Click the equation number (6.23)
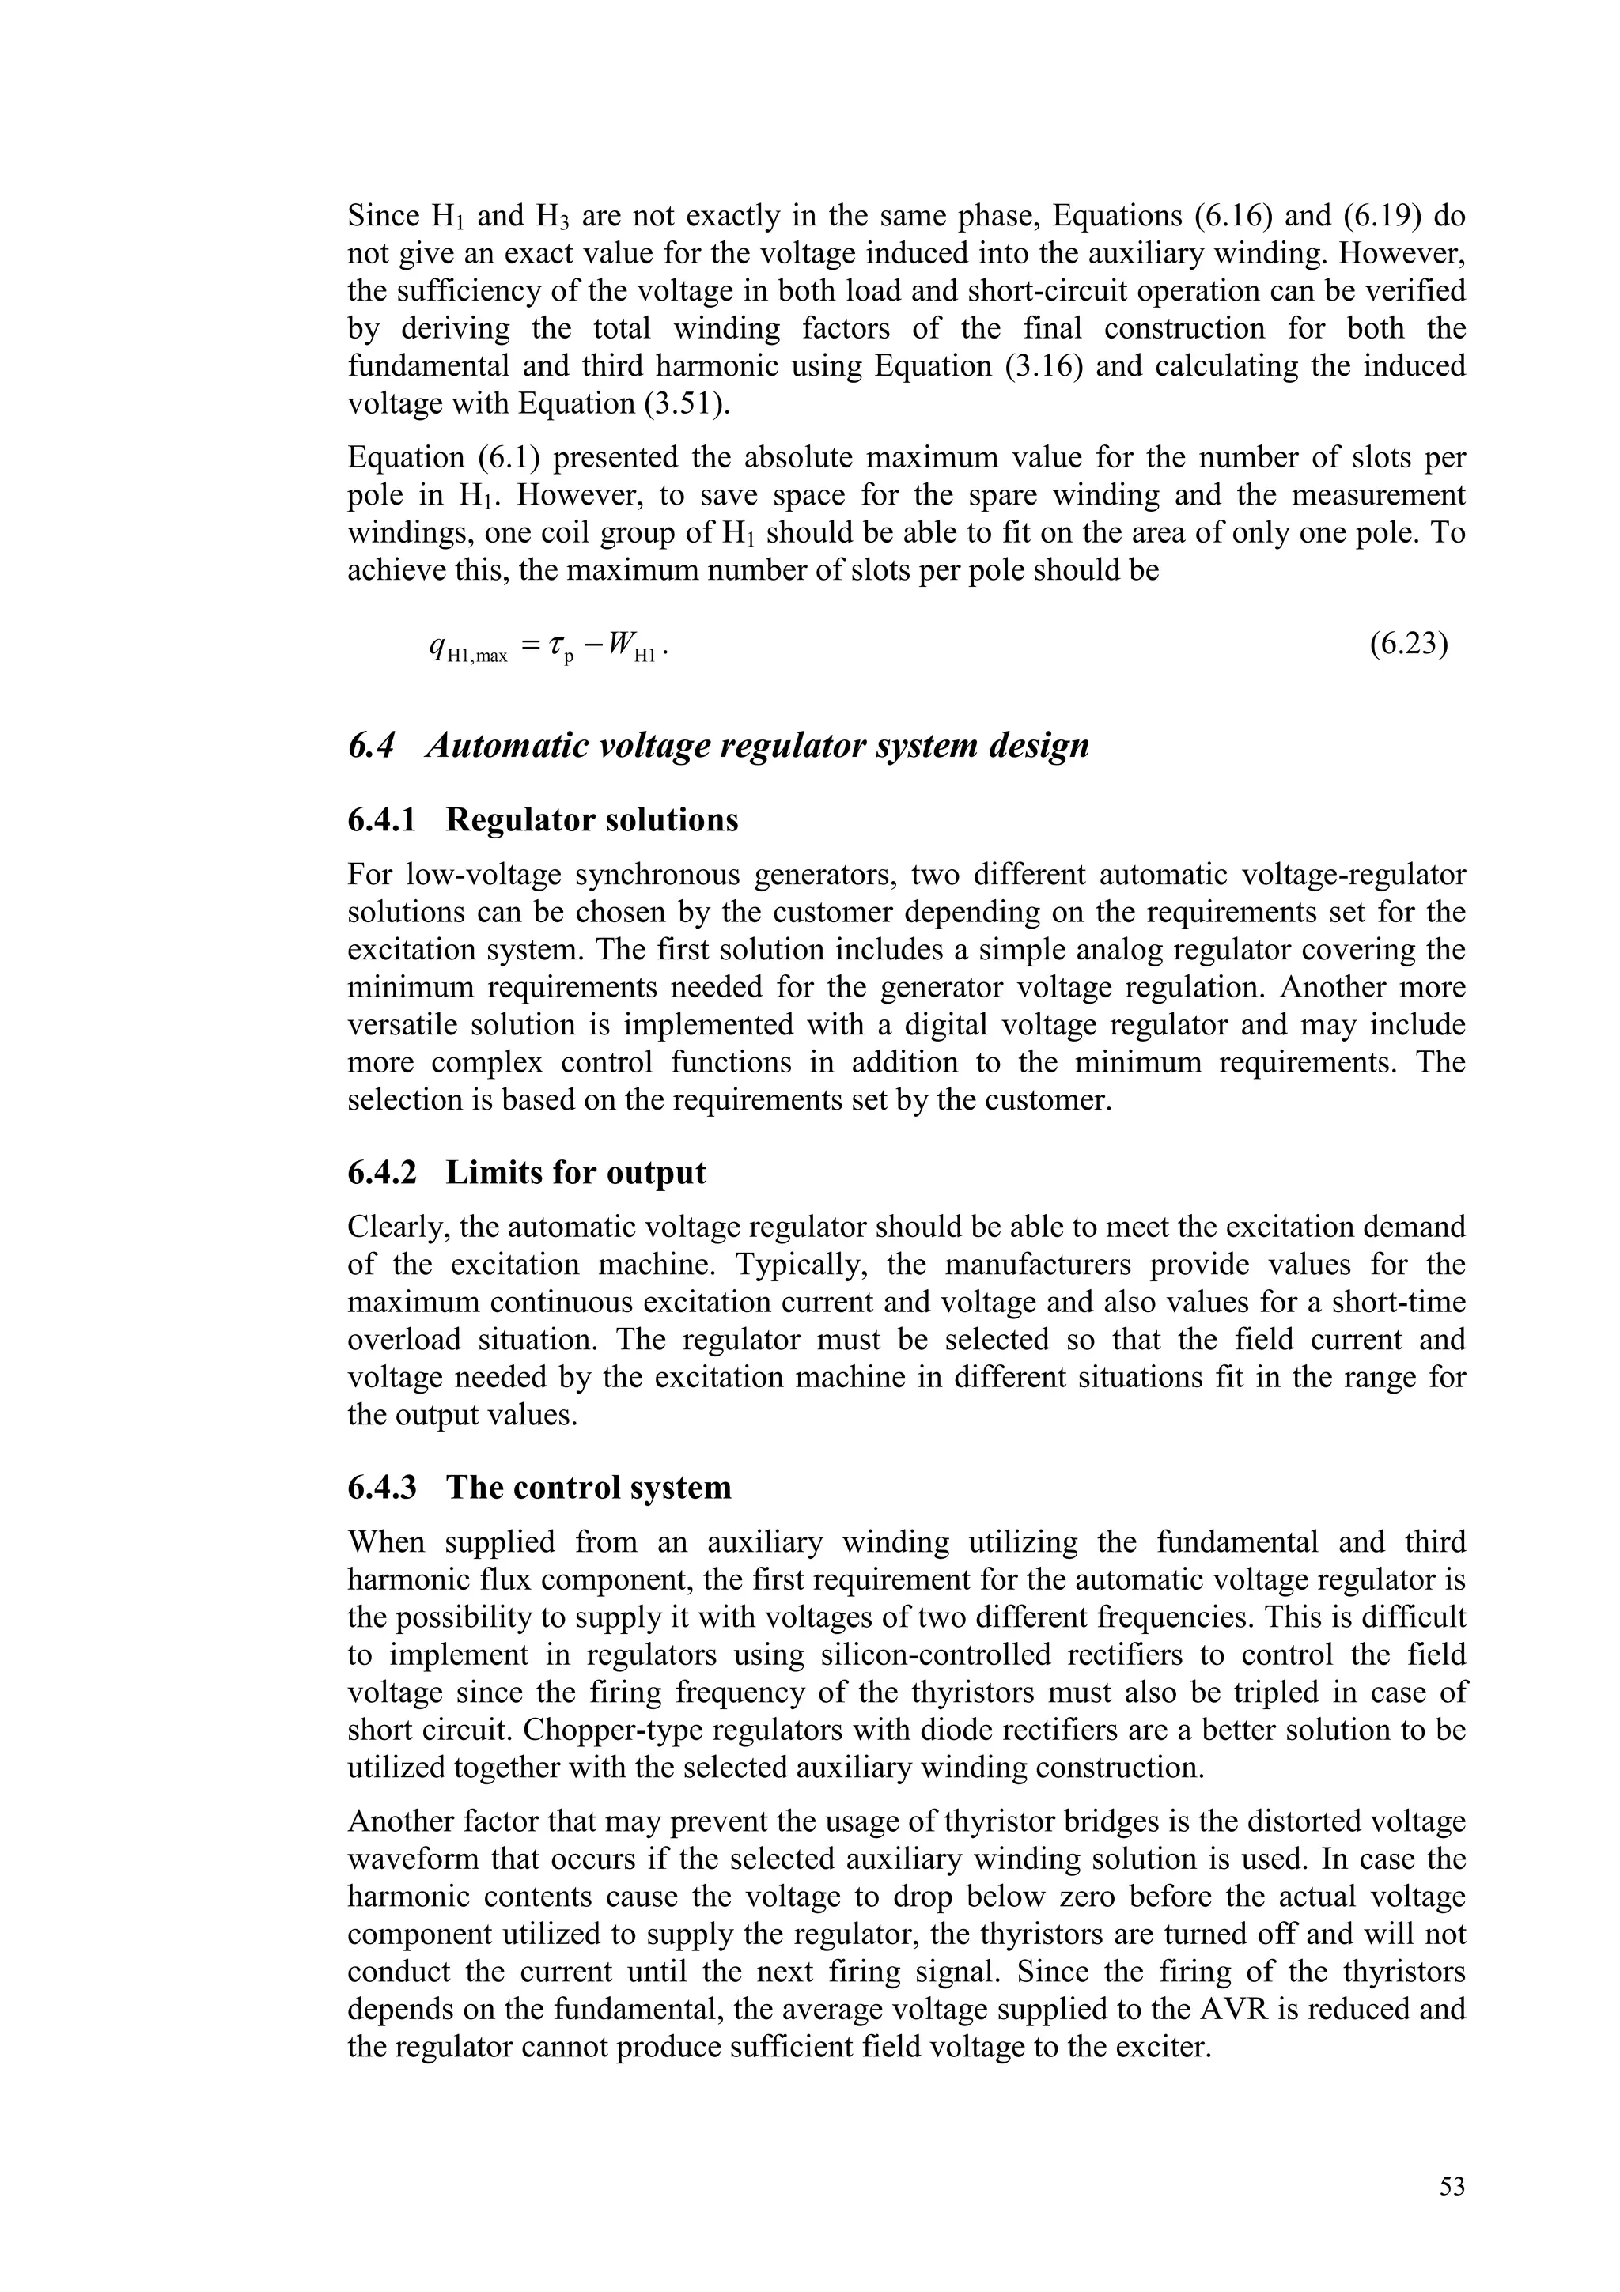(x=1407, y=645)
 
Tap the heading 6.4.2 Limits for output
(x=526, y=1172)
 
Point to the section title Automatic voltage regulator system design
(x=756, y=746)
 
